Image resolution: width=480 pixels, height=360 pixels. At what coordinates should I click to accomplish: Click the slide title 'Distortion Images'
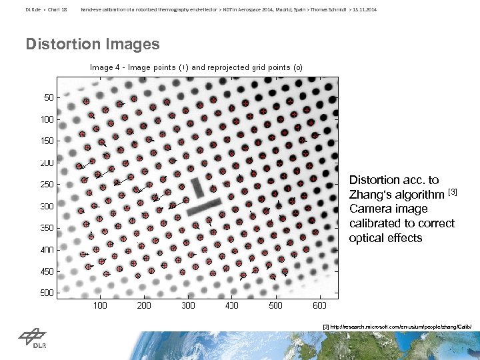click(x=93, y=45)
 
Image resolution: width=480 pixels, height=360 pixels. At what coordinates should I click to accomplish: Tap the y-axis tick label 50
click(x=49, y=97)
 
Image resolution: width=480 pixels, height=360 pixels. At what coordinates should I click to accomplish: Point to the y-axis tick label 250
click(x=47, y=185)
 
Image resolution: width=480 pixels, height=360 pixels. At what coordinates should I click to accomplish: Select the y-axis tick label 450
click(x=47, y=272)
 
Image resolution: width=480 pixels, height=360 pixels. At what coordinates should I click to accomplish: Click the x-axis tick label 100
click(x=99, y=305)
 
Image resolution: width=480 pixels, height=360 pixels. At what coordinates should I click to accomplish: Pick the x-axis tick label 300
click(x=188, y=305)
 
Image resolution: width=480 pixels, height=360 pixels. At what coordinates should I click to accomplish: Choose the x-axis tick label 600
click(x=319, y=305)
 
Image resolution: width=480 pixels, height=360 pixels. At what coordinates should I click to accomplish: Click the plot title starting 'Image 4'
click(x=196, y=67)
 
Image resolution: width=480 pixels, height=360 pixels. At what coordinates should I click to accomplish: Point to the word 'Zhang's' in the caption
click(x=369, y=195)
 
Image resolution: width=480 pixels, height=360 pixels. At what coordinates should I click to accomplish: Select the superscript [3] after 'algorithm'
click(x=452, y=193)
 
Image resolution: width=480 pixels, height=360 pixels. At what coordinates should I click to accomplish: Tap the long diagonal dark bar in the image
click(x=203, y=207)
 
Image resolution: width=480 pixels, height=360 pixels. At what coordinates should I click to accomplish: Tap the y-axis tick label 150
click(x=47, y=141)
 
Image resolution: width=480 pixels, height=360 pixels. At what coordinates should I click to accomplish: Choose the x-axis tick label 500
click(x=275, y=305)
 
